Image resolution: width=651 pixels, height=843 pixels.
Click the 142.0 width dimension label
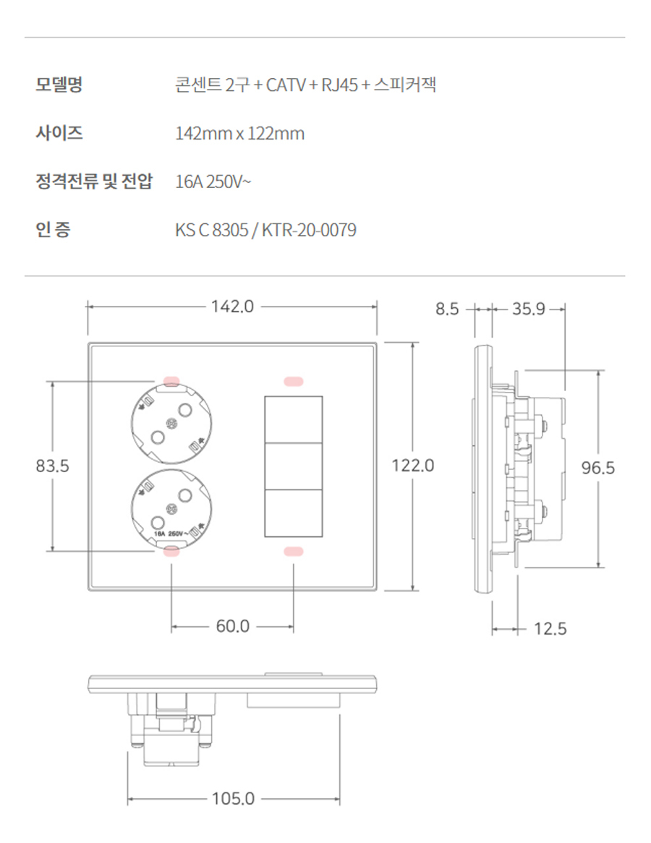coord(232,307)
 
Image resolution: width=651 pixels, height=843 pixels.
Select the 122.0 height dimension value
coord(412,466)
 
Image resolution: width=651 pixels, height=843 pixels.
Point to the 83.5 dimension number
coord(53,466)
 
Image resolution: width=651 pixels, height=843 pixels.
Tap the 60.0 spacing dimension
coord(232,626)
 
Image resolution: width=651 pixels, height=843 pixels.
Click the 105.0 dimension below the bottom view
coord(233,799)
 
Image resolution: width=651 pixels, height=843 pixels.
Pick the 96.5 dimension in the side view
coord(598,468)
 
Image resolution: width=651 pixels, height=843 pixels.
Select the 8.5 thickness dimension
coord(447,309)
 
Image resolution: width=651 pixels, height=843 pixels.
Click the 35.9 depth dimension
coord(528,309)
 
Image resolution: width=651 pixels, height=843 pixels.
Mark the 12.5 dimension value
coord(550,629)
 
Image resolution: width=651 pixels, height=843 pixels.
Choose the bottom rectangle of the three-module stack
coord(293,514)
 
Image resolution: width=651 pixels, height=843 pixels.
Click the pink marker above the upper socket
coord(172,380)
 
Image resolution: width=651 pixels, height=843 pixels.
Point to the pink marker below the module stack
coord(293,552)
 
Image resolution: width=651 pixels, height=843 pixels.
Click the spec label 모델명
coord(59,85)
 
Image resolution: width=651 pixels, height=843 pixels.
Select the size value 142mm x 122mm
coord(240,134)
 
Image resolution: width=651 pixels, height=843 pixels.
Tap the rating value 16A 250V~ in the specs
coord(213,182)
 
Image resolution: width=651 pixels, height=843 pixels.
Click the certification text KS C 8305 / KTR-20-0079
coord(265,231)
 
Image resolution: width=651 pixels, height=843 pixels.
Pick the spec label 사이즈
coord(59,133)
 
